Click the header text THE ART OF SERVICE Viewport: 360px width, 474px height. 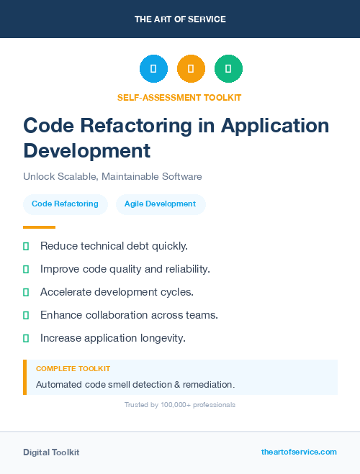point(180,19)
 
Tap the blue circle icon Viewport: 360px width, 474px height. point(153,69)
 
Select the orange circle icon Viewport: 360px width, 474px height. point(191,69)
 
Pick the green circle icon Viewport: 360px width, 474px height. point(228,69)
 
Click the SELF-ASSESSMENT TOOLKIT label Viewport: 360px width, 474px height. point(179,97)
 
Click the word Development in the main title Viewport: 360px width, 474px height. point(86,150)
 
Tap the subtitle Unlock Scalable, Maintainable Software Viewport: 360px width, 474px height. point(112,176)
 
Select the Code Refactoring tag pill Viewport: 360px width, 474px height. point(65,204)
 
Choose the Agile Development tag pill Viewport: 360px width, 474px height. point(160,204)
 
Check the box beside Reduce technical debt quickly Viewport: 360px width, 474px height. point(26,246)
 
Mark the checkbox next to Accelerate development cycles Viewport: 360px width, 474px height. point(26,292)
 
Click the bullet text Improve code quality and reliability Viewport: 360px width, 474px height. point(125,269)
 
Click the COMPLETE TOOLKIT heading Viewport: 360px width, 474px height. point(73,368)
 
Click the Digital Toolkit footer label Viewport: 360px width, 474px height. point(51,452)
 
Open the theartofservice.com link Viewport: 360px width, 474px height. point(299,452)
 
